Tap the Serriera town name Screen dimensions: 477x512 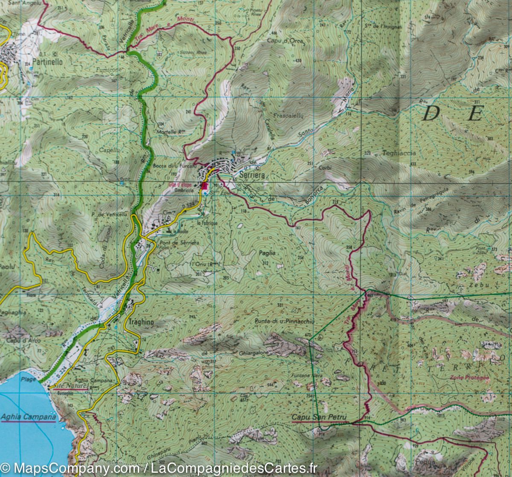(x=252, y=175)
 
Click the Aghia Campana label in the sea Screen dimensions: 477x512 (x=29, y=417)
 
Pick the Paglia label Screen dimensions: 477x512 (x=267, y=253)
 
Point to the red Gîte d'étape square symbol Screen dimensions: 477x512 (x=204, y=186)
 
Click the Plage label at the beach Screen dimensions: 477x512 (x=27, y=378)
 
